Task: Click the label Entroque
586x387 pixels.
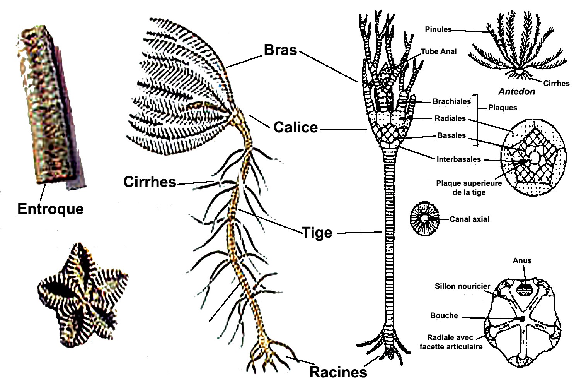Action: [51, 209]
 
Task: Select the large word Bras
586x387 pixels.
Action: [280, 50]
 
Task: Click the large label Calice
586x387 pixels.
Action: [295, 127]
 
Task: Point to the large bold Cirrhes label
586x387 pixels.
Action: [150, 182]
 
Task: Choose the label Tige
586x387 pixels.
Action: [317, 233]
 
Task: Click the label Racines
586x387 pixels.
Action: [338, 372]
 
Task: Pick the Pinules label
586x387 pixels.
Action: [438, 29]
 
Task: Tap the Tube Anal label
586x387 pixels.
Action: [439, 51]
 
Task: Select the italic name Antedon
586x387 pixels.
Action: [516, 92]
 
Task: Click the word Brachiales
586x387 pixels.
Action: [451, 101]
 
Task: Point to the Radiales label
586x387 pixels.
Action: [450, 118]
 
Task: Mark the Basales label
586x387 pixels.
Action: [451, 135]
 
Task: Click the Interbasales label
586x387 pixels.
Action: [458, 159]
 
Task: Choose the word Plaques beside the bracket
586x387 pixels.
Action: [503, 108]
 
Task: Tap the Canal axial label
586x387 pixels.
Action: [469, 219]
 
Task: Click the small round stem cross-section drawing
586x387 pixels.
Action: [424, 219]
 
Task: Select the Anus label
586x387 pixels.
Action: [522, 260]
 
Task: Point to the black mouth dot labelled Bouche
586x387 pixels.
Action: [522, 319]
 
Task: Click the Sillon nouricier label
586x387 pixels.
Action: [462, 286]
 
